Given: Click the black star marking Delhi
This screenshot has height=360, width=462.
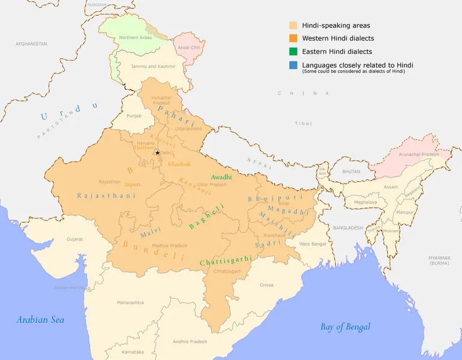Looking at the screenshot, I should (x=158, y=153).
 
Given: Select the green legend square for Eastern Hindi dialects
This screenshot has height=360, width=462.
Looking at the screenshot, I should (x=293, y=52).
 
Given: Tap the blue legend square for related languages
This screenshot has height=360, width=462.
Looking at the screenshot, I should (x=293, y=65).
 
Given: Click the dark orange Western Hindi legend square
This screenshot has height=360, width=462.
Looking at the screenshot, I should (x=293, y=38).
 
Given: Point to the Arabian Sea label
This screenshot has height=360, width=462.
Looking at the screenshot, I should (x=40, y=320).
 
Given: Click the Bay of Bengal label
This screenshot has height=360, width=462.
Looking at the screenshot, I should (x=345, y=327).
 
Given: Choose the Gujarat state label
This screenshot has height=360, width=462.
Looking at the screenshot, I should (x=75, y=239).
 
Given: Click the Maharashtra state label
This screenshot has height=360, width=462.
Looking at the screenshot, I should (x=131, y=302).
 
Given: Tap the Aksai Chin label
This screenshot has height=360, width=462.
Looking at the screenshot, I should (x=188, y=47).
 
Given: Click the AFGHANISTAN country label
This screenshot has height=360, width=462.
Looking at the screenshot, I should (x=31, y=44).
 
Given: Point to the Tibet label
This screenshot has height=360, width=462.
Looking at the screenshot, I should (x=303, y=123).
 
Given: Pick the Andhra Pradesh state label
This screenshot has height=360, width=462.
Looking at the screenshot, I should (x=191, y=341).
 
